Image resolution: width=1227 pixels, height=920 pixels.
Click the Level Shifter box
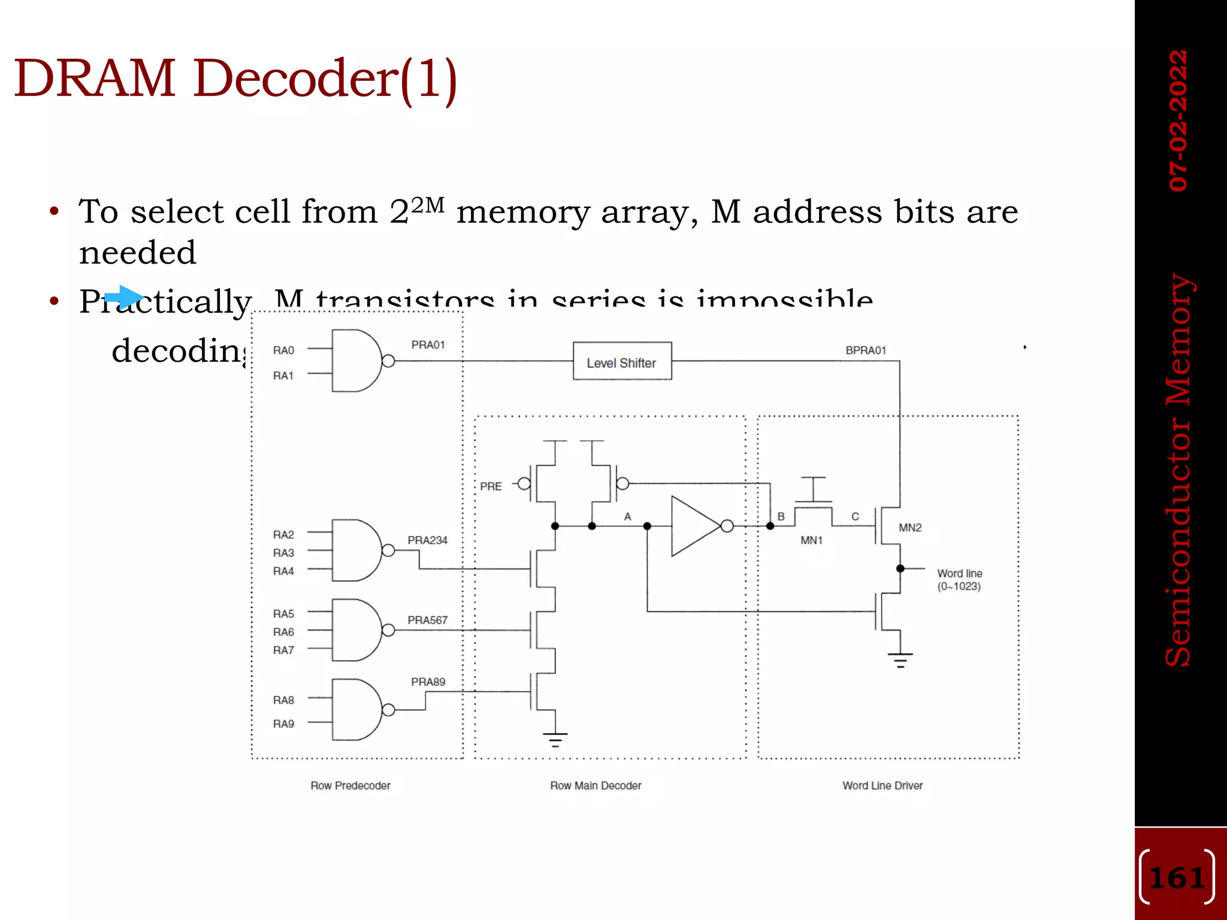[x=622, y=361]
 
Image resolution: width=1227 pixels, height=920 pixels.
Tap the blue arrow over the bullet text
[x=124, y=297]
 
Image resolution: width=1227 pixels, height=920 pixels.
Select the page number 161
[x=1177, y=878]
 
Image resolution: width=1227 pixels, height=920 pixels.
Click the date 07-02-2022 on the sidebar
[x=1178, y=120]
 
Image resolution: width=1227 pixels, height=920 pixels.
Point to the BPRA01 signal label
[x=865, y=350]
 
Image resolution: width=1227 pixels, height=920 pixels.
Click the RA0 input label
[x=283, y=350]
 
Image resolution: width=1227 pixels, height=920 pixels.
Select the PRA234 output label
[x=427, y=540]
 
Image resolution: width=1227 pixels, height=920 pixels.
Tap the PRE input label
[x=491, y=486]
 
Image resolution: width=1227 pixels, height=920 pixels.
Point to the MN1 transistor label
[x=811, y=540]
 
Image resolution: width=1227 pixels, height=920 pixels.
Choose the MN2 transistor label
[x=909, y=528]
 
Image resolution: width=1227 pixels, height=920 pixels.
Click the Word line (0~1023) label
[x=959, y=580]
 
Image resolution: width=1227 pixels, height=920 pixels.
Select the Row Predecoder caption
[x=350, y=785]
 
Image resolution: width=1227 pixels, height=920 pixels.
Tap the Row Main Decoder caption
[x=596, y=785]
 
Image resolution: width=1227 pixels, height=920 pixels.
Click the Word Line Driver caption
[x=882, y=785]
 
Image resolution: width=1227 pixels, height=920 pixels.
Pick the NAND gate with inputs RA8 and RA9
[x=356, y=710]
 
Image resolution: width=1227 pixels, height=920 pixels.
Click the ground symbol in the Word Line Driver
[x=900, y=659]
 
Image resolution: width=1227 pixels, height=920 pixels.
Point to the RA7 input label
[x=283, y=650]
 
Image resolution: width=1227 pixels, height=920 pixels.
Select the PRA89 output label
[x=428, y=682]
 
